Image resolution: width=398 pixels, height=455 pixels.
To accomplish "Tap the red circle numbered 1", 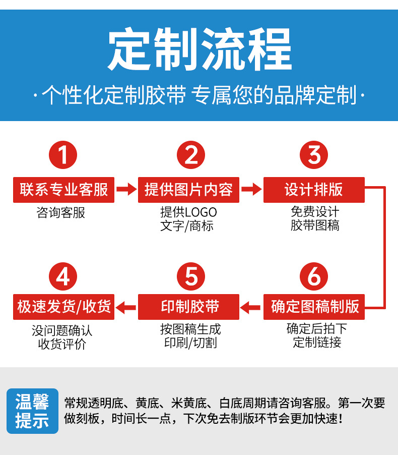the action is tap(63, 155).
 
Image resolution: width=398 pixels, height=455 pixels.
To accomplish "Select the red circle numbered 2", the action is tap(191, 155).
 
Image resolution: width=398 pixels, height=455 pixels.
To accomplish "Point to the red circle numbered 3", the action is tap(314, 155).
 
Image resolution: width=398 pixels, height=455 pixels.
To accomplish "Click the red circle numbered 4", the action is tap(63, 276).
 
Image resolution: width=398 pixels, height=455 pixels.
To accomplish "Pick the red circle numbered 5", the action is tap(191, 276).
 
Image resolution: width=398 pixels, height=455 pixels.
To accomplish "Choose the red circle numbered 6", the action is tap(314, 276).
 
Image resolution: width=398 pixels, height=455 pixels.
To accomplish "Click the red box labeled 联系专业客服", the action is tap(63, 190).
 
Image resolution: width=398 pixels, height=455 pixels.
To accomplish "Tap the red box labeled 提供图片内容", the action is tap(188, 190).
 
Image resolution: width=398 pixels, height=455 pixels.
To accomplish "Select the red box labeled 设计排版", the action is tap(314, 190).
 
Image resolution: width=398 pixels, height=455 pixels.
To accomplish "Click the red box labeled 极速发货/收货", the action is tap(63, 306).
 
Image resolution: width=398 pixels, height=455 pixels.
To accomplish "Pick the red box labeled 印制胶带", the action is tap(188, 306).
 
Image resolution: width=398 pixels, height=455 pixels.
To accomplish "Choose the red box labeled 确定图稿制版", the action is tap(314, 306).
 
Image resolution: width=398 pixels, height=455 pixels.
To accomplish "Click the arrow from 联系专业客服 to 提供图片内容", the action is tap(126, 190).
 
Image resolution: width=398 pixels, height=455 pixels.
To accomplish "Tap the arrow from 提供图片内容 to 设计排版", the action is tap(251, 190).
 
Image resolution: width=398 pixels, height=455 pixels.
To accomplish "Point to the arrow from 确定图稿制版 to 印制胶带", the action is tap(251, 306).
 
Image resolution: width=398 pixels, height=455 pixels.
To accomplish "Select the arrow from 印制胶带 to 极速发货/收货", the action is tap(126, 306).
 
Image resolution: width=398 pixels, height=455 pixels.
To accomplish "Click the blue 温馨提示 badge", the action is tap(32, 411).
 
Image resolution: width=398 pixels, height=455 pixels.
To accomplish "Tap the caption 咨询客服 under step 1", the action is tap(61, 213).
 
